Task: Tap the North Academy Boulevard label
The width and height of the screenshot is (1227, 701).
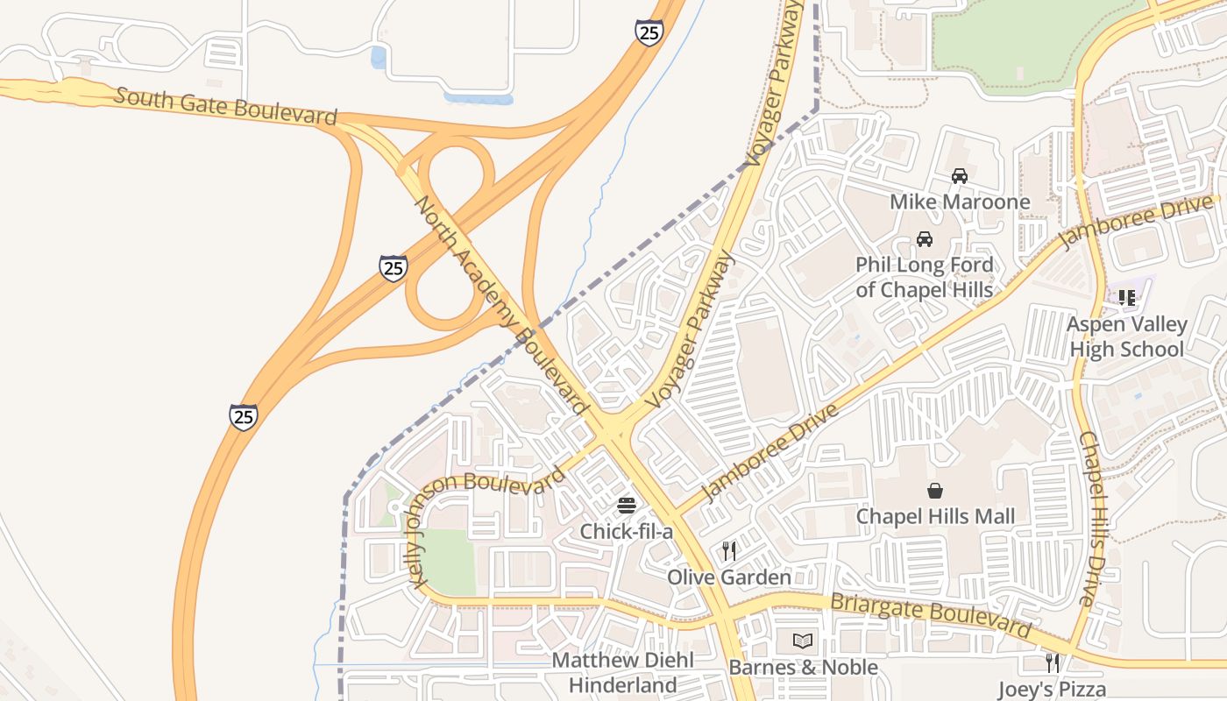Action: click(x=500, y=305)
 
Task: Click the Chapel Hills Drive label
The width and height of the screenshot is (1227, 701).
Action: click(x=1095, y=519)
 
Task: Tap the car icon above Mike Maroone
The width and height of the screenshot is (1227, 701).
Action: click(x=960, y=176)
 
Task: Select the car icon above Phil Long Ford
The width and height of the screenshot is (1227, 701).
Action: click(x=924, y=238)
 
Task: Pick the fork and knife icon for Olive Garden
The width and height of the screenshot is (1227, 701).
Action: click(x=728, y=550)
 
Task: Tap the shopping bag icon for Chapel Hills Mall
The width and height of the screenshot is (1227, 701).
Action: click(x=935, y=491)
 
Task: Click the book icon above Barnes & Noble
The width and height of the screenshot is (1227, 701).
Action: click(x=803, y=641)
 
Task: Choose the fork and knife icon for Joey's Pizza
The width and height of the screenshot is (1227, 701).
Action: click(x=1052, y=662)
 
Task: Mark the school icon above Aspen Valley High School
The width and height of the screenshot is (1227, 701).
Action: click(x=1127, y=298)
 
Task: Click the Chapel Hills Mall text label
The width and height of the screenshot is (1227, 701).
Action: click(x=935, y=516)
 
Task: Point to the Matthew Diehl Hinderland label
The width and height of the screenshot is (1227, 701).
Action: click(x=622, y=672)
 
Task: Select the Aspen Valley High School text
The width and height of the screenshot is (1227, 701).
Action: click(x=1126, y=336)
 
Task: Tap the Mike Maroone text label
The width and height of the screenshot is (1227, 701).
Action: click(x=960, y=202)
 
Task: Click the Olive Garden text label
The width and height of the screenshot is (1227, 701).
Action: click(x=728, y=577)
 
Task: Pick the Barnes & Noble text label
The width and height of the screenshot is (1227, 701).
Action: click(x=803, y=668)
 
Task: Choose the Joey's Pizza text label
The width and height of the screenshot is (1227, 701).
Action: click(x=1052, y=689)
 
